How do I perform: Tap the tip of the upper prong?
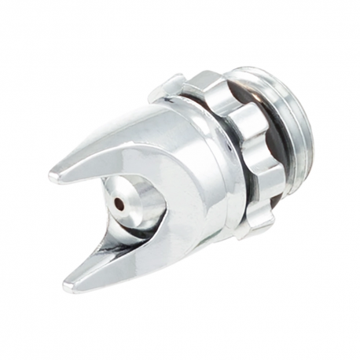click(53, 177)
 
